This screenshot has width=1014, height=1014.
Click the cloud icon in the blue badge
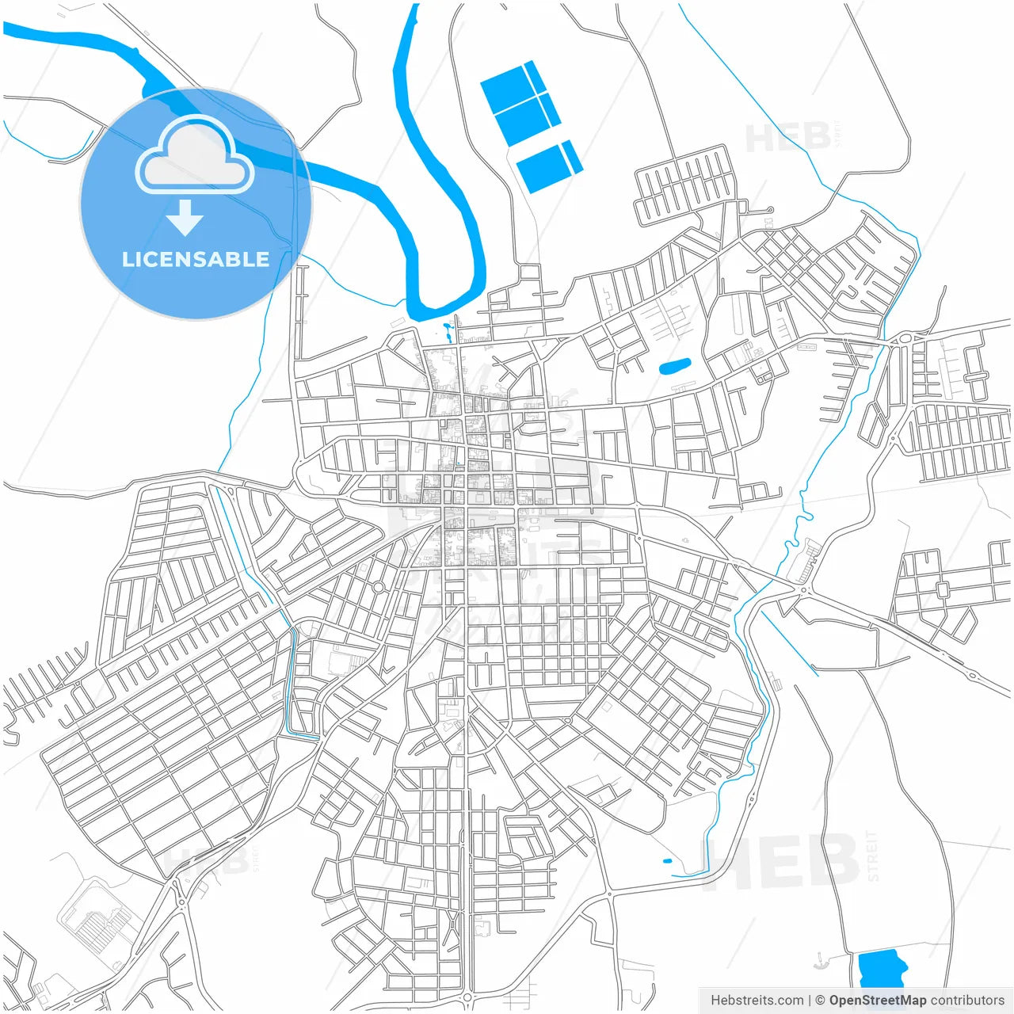(195, 155)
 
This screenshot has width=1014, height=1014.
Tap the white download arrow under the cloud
(185, 217)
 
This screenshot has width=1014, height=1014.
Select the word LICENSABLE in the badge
(196, 259)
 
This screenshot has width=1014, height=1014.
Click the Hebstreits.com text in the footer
(757, 1001)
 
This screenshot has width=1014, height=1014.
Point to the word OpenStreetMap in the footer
(877, 1001)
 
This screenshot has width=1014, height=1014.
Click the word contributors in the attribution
(967, 1001)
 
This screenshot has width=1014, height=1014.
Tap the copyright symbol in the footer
(821, 1001)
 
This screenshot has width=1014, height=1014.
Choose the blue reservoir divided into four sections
(520, 104)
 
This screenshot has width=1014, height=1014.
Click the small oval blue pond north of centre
(675, 366)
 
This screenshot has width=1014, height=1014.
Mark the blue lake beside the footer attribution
(881, 968)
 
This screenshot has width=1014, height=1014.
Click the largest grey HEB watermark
(780, 861)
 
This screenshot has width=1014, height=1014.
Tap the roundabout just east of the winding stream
(805, 589)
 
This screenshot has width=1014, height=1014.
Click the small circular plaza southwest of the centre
(379, 587)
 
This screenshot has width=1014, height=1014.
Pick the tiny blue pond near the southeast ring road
(666, 861)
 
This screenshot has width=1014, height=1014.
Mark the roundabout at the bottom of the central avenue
(467, 997)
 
